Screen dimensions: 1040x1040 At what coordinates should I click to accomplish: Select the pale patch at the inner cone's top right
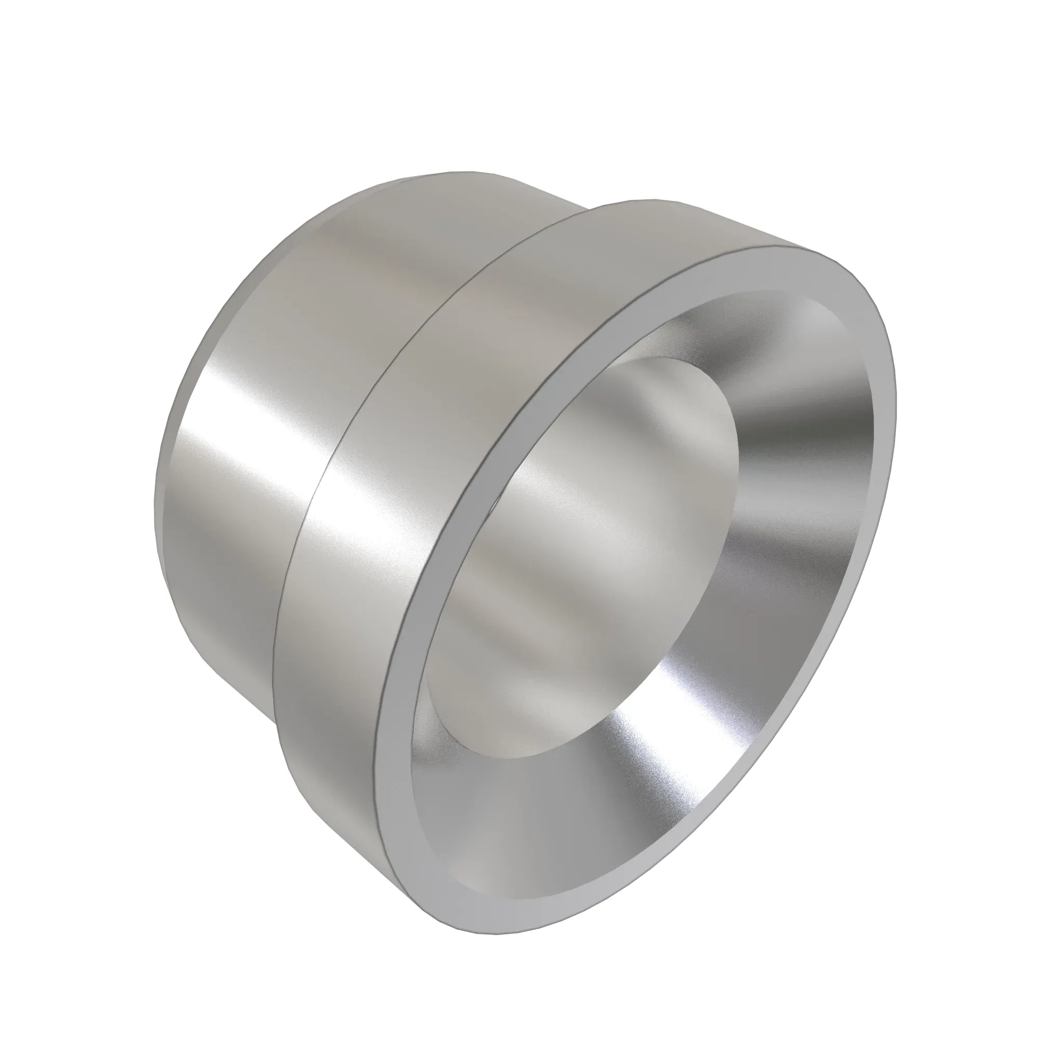tap(818, 323)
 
